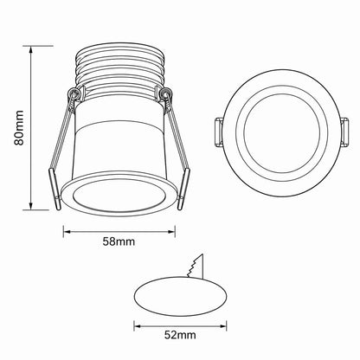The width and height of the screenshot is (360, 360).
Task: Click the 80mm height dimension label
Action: click(x=19, y=127)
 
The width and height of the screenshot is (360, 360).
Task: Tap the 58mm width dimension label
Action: click(x=119, y=241)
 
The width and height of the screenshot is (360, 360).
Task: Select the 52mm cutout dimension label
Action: click(x=180, y=335)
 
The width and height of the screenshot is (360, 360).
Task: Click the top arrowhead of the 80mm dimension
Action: click(x=30, y=49)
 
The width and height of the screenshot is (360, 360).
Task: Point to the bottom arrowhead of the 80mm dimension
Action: click(x=30, y=205)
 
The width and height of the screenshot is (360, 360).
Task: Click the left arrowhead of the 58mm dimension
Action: click(x=67, y=231)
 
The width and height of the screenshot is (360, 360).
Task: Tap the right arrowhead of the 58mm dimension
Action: click(x=170, y=231)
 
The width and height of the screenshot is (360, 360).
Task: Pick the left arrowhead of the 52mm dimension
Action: click(x=138, y=326)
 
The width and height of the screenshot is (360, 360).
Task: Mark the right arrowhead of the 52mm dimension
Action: click(x=222, y=326)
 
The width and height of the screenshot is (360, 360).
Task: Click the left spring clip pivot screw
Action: click(x=73, y=93)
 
